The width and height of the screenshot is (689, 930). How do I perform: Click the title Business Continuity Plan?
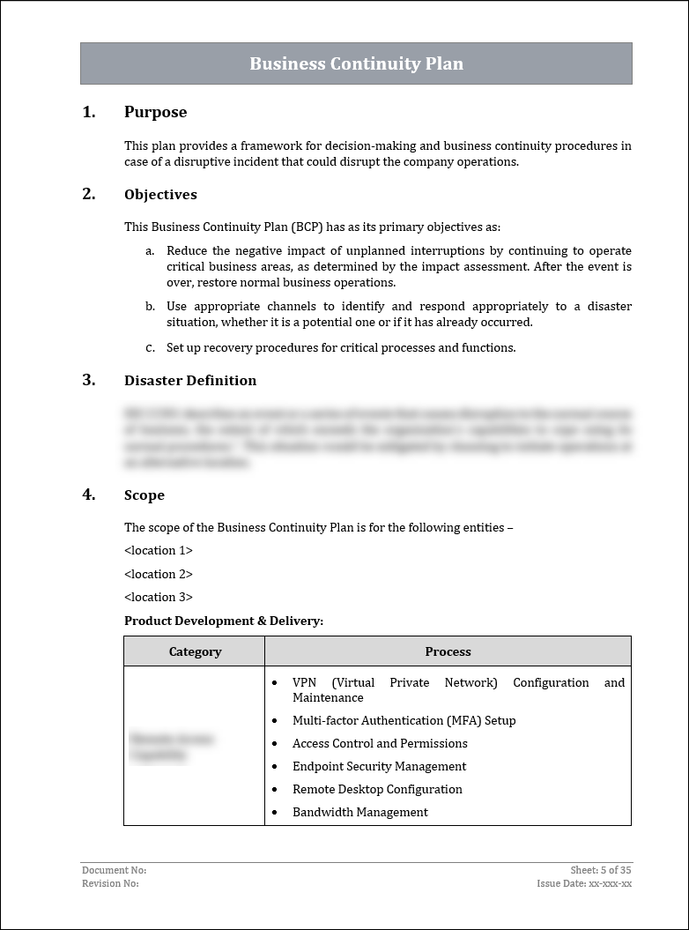[x=356, y=63]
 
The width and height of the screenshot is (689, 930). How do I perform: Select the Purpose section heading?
[x=155, y=112]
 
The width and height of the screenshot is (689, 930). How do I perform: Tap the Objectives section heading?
[x=160, y=195]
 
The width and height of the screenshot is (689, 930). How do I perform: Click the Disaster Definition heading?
[x=190, y=381]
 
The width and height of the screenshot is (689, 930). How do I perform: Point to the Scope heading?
[x=144, y=495]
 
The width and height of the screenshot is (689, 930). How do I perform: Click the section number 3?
[x=88, y=380]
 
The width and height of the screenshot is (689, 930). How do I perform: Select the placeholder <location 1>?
[x=159, y=551]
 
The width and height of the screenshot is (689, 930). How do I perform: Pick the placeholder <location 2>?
[x=159, y=574]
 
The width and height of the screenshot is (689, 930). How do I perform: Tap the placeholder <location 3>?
[x=159, y=597]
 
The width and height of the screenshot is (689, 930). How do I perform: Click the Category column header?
[x=195, y=652]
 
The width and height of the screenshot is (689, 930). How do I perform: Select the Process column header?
[x=448, y=652]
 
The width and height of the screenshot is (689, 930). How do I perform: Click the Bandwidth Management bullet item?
[x=360, y=813]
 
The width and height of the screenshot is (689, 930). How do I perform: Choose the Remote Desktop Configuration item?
[x=377, y=790]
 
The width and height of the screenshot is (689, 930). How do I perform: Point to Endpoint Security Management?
[x=379, y=767]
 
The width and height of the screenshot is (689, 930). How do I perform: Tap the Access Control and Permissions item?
[x=380, y=744]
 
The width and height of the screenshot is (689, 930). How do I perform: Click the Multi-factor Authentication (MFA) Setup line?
[x=404, y=721]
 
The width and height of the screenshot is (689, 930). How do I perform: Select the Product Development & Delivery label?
[x=224, y=621]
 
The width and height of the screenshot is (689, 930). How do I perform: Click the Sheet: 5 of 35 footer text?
[x=601, y=870]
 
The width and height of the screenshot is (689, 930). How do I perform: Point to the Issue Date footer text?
[x=584, y=883]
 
